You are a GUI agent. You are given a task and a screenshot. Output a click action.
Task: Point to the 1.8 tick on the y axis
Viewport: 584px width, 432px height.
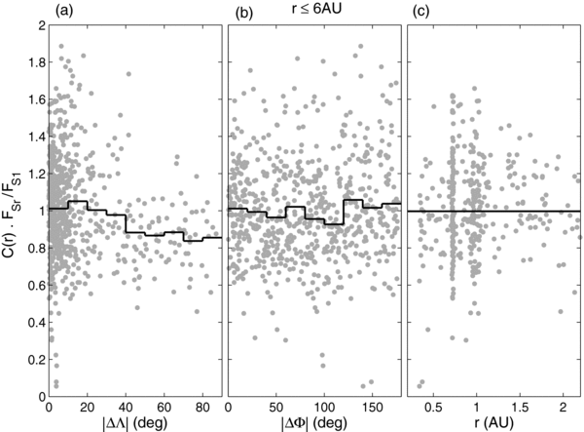[33, 60]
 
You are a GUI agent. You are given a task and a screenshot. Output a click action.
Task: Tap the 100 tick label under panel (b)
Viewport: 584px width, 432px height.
[326, 404]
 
